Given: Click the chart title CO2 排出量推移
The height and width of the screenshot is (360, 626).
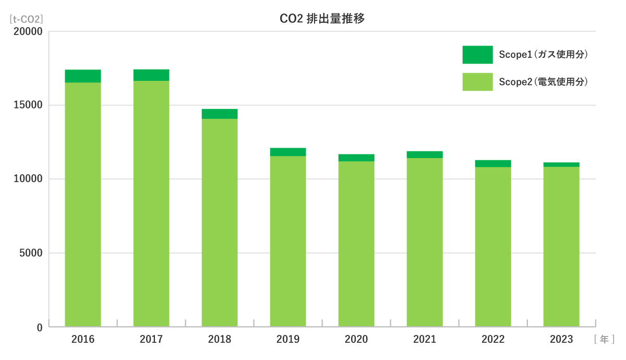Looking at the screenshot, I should (322, 19).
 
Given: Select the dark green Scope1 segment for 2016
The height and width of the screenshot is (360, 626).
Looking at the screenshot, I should (83, 76).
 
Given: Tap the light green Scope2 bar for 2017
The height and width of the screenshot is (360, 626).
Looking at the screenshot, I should (151, 203).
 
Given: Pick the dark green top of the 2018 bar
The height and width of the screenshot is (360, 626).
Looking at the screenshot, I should (220, 114).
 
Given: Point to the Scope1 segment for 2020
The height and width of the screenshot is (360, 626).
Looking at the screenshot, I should (356, 158).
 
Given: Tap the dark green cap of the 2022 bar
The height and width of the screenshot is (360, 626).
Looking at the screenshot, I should (493, 163).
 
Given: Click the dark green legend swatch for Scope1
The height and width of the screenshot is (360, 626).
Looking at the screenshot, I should (477, 55).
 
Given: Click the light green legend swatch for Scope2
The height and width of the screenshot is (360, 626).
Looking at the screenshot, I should (477, 82).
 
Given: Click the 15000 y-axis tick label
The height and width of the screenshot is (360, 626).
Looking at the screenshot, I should (28, 105).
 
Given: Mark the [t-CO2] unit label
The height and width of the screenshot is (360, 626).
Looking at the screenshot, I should (26, 19).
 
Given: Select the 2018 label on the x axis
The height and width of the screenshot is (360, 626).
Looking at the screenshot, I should (220, 340).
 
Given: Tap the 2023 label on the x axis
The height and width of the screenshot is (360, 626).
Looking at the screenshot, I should (561, 340).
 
